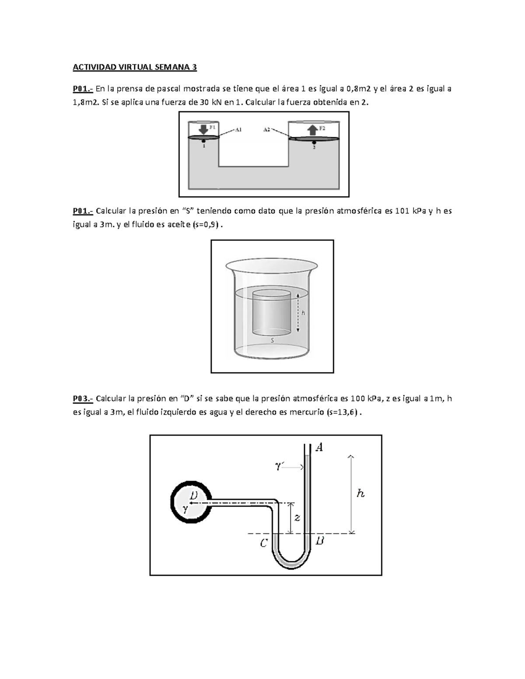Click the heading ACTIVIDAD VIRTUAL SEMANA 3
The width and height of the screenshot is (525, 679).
pos(135,67)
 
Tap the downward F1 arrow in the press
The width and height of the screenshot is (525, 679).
pos(203,129)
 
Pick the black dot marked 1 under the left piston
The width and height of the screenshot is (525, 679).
pos(203,141)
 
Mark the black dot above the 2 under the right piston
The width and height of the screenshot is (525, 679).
pos(314,143)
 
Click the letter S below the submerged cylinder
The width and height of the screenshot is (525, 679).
pos(273,341)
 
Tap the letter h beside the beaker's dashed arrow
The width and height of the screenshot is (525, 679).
pos(303,313)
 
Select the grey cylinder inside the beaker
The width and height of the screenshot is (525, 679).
pos(272,313)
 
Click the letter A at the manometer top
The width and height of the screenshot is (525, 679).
pos(319,448)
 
